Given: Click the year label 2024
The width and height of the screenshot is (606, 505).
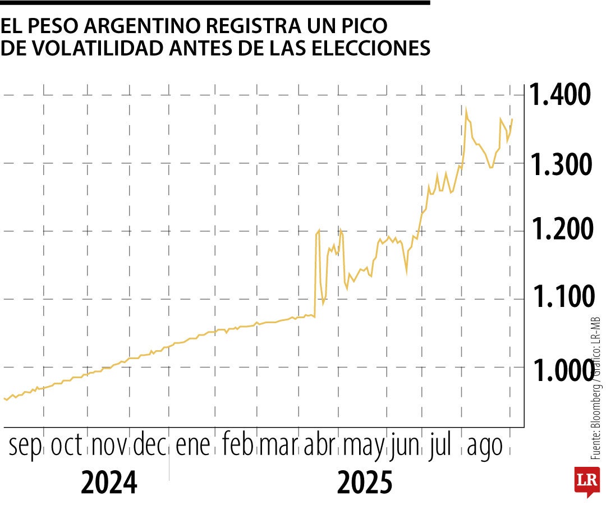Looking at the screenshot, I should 109,483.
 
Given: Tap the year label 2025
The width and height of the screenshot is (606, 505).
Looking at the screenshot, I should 364,483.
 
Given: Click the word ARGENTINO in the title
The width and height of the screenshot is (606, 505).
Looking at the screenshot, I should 133,26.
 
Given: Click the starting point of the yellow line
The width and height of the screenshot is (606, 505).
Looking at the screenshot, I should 4,398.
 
